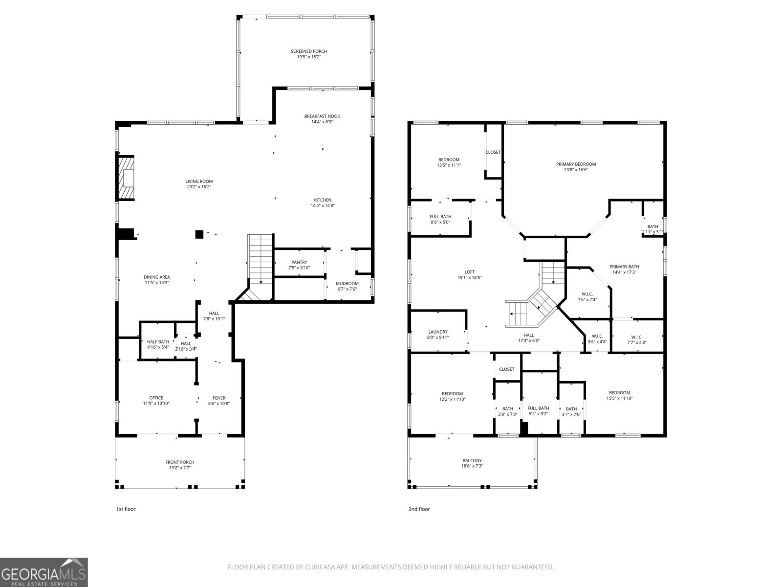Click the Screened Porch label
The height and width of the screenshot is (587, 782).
tap(308, 51)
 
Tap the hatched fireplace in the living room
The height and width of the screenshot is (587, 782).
tap(127, 178)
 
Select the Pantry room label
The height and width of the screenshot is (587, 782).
tap(299, 262)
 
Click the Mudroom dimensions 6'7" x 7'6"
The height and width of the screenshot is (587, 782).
tap(347, 289)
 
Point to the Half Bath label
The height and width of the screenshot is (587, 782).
tap(158, 342)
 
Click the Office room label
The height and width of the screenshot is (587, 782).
tap(156, 398)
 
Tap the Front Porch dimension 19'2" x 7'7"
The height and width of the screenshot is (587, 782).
tap(180, 468)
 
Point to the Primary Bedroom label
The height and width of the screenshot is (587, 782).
tap(576, 164)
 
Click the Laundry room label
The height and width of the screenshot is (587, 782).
tap(437, 332)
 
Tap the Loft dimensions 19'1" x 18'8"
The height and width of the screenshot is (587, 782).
tap(469, 277)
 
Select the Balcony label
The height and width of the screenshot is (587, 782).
tap(472, 460)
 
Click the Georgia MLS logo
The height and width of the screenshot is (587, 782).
tap(44, 572)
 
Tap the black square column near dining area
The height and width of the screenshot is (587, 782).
tap(199, 234)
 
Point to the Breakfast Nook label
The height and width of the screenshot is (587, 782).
tap(322, 116)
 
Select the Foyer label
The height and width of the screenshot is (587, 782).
tap(218, 398)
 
